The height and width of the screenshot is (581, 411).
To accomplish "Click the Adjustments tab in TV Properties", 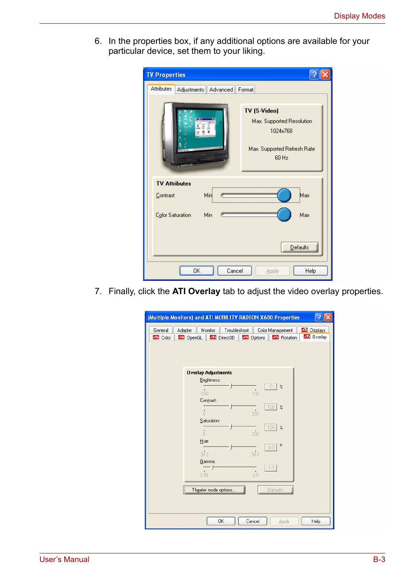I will [190, 90].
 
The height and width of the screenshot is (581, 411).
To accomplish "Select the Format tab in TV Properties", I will [246, 90].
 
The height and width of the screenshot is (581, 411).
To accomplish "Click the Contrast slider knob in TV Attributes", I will [284, 195].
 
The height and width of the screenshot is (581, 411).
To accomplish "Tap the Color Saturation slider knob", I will [284, 214].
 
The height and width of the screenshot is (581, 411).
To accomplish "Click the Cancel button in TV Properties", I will [234, 271].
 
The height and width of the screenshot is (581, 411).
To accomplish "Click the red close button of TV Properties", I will [325, 75].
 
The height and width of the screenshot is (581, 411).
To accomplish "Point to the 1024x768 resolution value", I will [281, 131].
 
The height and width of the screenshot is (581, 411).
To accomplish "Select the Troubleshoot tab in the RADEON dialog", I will [236, 330].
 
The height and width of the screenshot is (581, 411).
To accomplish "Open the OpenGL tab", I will [190, 338].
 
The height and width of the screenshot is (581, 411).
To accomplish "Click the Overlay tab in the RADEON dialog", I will [315, 337].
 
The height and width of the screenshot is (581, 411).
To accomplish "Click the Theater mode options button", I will [214, 490].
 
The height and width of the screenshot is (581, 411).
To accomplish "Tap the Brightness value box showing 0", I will [271, 387].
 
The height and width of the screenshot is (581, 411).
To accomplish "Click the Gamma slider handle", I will [212, 467].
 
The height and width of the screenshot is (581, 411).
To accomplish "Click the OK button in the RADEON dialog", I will [221, 521].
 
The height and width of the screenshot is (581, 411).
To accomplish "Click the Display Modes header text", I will [359, 16].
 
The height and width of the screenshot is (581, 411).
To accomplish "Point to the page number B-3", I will [379, 559].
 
